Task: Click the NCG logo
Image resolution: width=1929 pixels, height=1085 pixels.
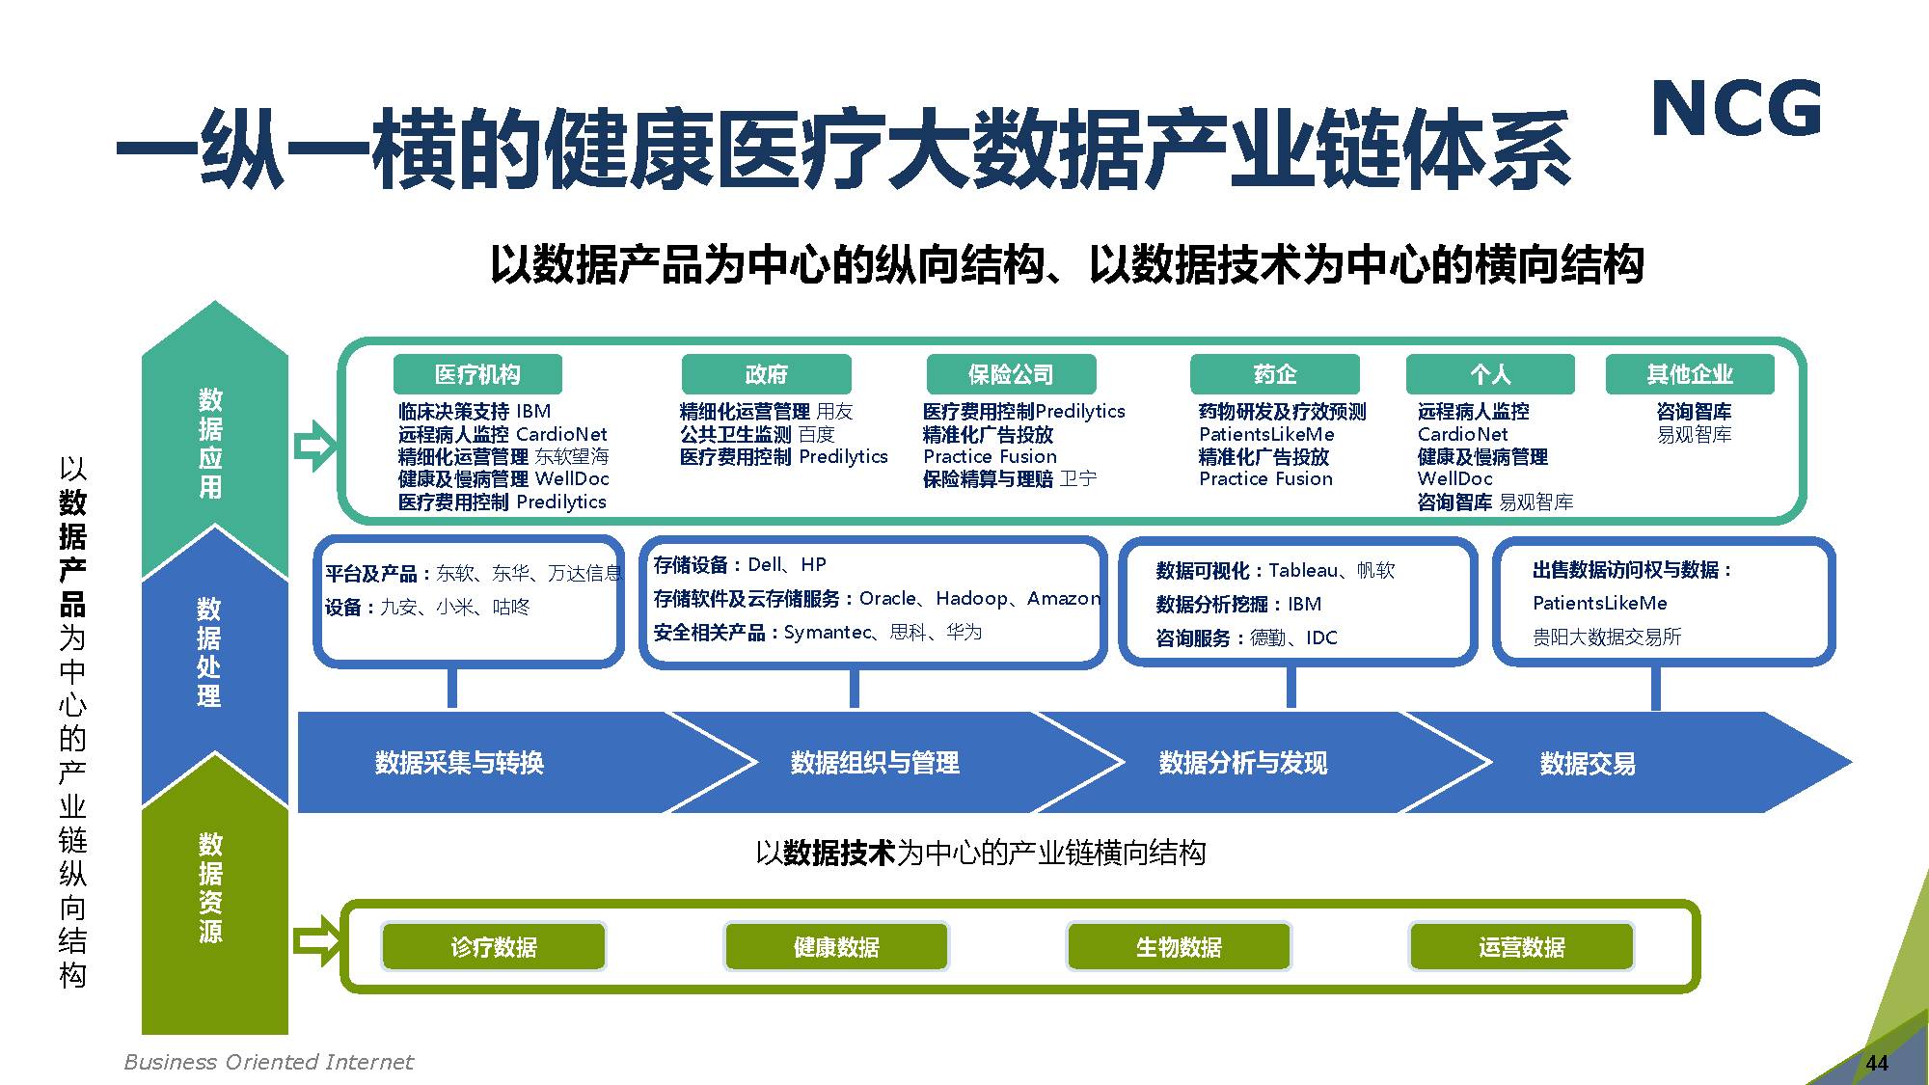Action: (1736, 109)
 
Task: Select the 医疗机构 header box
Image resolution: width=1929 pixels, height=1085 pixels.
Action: (477, 374)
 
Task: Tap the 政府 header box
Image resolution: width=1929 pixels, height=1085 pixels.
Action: (766, 374)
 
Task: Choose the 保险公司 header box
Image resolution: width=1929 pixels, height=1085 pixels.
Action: (1011, 374)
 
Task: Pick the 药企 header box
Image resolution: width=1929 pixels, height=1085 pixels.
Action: (1274, 374)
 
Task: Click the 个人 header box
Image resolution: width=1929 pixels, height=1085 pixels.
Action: (1490, 374)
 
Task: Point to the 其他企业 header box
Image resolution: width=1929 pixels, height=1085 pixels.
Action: (1690, 374)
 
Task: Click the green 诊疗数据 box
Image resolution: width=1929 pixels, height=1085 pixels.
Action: (494, 947)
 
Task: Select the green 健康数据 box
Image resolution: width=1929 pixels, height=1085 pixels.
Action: (836, 947)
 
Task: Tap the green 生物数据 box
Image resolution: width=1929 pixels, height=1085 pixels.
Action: (1179, 947)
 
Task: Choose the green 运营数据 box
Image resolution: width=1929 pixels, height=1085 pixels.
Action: (1521, 947)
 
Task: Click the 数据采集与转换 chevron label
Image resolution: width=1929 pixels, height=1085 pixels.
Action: (459, 763)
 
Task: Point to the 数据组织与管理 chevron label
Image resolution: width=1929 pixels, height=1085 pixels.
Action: (875, 763)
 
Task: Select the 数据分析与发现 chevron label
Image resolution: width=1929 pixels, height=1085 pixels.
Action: (1243, 763)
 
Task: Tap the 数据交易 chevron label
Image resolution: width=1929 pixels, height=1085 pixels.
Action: (1588, 764)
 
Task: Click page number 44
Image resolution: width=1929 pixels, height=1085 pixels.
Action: (1877, 1063)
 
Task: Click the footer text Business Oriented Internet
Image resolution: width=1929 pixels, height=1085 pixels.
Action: (268, 1062)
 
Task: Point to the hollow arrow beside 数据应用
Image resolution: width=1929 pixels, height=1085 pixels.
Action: (314, 446)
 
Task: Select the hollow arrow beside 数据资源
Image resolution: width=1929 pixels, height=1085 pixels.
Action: (316, 941)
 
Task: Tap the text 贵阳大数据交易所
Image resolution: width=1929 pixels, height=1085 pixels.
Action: (1607, 637)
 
